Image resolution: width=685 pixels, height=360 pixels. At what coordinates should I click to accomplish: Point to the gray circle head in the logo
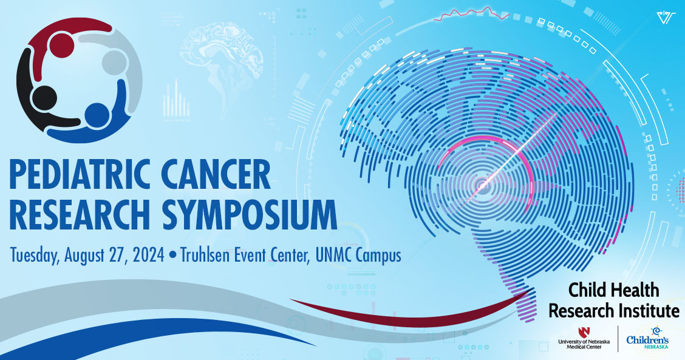[114, 61]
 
